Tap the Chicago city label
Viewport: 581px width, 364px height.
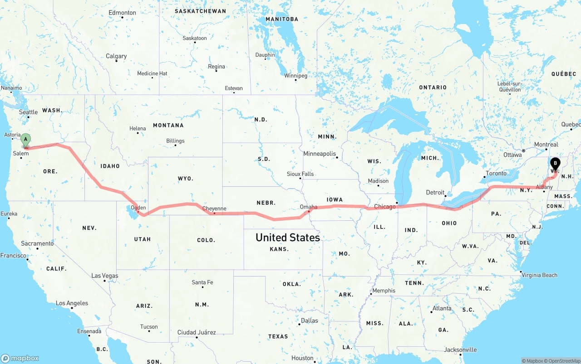click(x=384, y=207)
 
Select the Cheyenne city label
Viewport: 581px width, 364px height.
click(x=214, y=209)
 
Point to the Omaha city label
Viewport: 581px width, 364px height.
click(x=309, y=207)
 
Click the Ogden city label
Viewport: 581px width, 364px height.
click(x=138, y=208)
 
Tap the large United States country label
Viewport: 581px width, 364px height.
click(x=287, y=238)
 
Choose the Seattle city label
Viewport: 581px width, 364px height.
click(x=28, y=112)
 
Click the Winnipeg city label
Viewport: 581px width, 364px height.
click(x=295, y=76)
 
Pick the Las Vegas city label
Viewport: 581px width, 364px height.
click(x=104, y=276)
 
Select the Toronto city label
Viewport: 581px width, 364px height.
click(x=496, y=173)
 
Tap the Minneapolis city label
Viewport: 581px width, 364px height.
click(x=320, y=154)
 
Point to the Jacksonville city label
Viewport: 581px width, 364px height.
click(x=460, y=349)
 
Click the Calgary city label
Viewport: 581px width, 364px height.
click(x=116, y=56)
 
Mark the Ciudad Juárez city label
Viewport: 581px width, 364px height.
click(x=197, y=332)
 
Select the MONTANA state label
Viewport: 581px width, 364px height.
click(x=168, y=125)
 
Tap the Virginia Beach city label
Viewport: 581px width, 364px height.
click(x=539, y=275)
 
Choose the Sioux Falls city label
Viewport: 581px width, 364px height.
click(x=300, y=174)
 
